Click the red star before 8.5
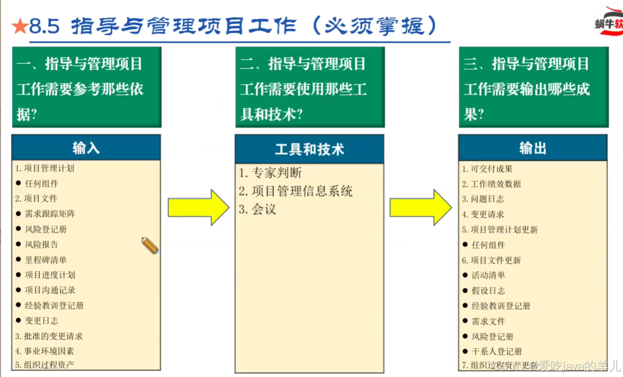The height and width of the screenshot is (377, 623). point(19,26)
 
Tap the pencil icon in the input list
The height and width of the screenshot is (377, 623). point(150,246)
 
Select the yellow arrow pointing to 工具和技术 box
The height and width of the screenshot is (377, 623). point(198,207)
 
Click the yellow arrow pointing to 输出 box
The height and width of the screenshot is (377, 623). point(420,207)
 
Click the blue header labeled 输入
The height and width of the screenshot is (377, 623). point(86,148)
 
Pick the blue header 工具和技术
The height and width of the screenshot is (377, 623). point(309,149)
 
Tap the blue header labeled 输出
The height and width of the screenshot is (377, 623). point(533,148)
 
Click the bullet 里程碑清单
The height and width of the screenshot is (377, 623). point(46,260)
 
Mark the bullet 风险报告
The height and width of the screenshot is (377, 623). point(42,244)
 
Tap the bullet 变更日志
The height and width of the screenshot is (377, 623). point(42,320)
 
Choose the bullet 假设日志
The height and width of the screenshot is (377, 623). point(488,290)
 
